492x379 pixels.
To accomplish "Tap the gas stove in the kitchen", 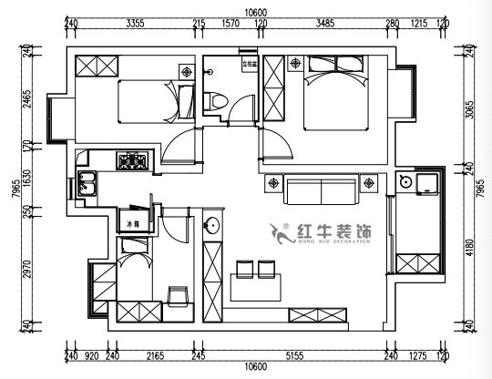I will point(133,162).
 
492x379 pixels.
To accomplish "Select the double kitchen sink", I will point(87,183).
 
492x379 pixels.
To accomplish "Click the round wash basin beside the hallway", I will point(211,226).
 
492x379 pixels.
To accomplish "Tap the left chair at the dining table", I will point(244,269).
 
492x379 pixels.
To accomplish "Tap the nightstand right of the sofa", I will point(369,184).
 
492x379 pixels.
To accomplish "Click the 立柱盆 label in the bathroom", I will point(248,64).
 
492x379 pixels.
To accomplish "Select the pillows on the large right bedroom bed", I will point(350,65).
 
